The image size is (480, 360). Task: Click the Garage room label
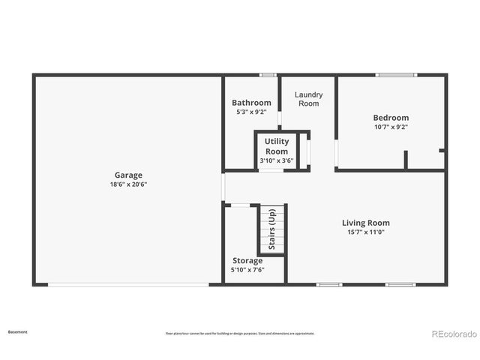tap(127, 175)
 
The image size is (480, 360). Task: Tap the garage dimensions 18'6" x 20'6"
tap(127, 184)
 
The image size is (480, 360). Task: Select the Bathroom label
tap(251, 103)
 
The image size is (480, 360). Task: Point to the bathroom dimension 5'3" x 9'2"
tap(251, 112)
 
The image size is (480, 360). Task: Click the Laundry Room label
tap(308, 99)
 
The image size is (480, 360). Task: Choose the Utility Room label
tap(277, 146)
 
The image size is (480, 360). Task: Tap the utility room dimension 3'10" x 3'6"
tap(277, 160)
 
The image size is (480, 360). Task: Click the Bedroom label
tap(391, 118)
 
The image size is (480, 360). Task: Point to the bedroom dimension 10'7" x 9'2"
tap(391, 127)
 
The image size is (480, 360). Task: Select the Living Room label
tap(366, 223)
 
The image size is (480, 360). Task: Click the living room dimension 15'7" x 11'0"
tap(366, 232)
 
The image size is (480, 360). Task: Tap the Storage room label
tap(247, 261)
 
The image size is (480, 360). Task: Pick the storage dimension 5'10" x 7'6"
tap(247, 270)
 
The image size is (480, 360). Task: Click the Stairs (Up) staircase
tap(273, 229)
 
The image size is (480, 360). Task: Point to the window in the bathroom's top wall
tap(268, 75)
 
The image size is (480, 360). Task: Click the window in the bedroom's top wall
tap(394, 75)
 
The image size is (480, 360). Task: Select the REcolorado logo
tap(452, 334)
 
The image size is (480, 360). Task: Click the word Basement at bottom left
tap(17, 331)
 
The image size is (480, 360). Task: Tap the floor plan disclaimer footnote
tap(239, 334)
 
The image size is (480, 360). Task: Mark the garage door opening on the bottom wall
tap(129, 284)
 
